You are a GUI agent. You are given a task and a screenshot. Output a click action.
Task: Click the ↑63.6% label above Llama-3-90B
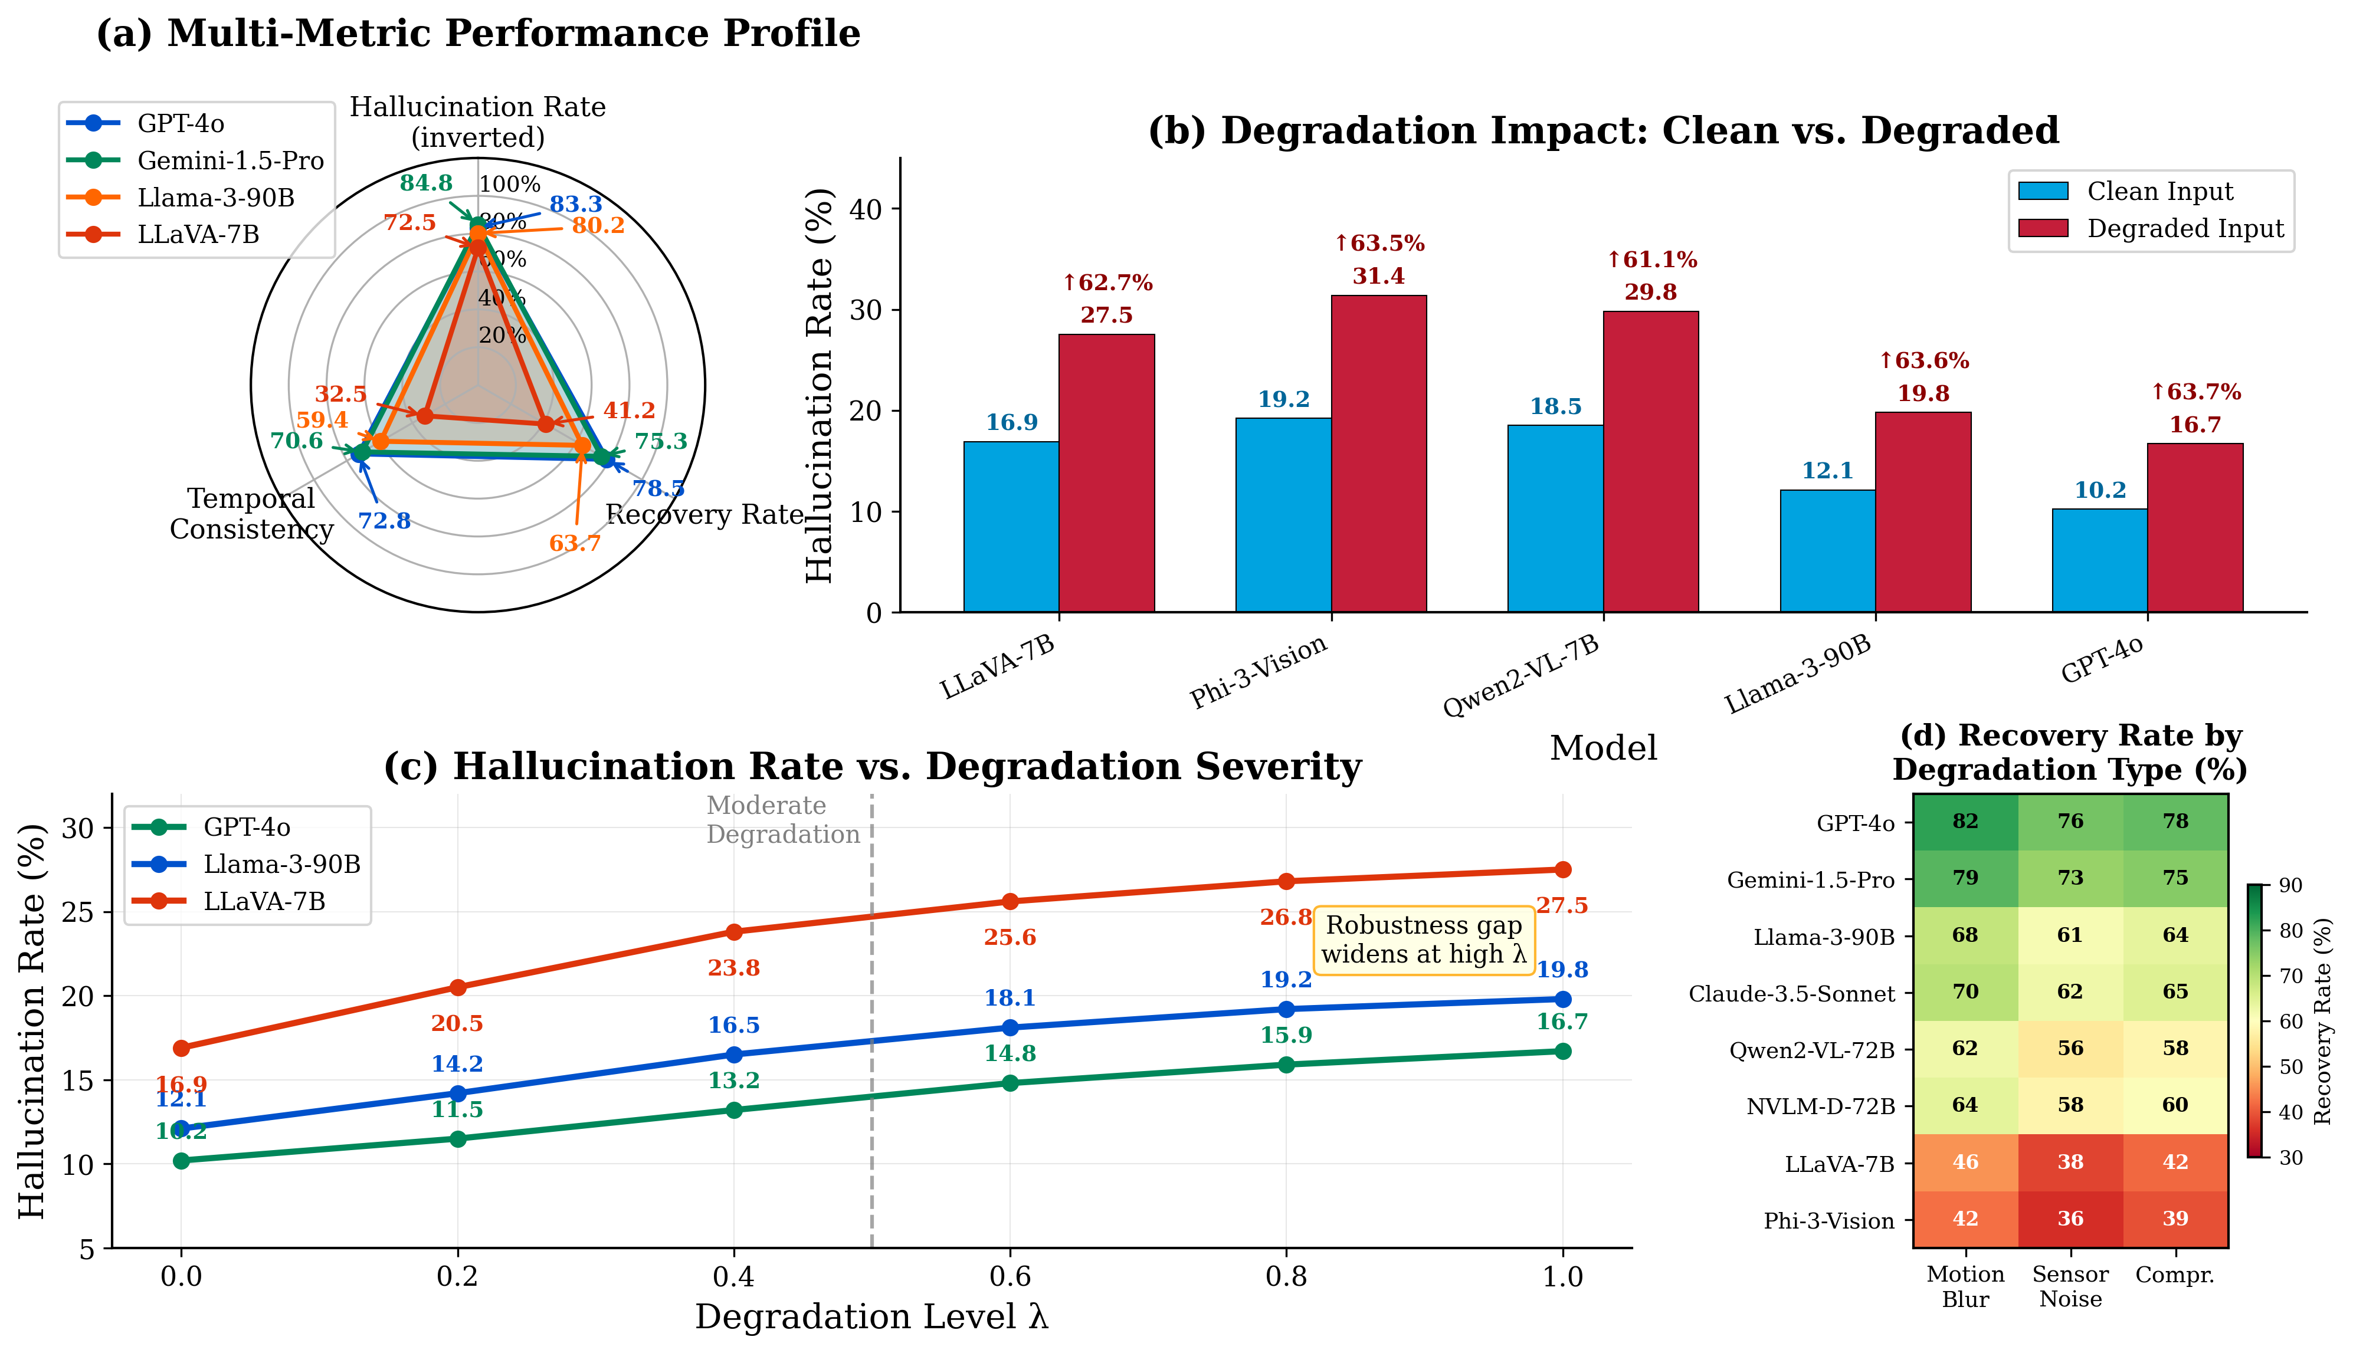1923,360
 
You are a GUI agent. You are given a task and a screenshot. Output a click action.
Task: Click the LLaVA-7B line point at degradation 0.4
734,931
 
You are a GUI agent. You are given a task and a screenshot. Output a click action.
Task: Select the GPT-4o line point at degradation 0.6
1010,1083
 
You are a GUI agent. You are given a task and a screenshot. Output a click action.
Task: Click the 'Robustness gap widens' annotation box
1424,940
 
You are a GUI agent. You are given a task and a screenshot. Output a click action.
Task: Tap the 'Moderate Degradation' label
782,820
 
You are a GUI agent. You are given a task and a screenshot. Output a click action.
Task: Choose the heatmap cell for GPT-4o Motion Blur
1965,822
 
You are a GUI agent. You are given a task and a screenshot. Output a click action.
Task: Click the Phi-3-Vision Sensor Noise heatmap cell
2070,1219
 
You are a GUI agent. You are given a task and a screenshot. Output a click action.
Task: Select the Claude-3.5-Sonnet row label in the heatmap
1791,993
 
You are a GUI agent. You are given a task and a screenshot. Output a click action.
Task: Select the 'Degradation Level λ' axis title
871,1317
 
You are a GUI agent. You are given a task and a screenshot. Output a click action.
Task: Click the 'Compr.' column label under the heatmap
2175,1275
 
